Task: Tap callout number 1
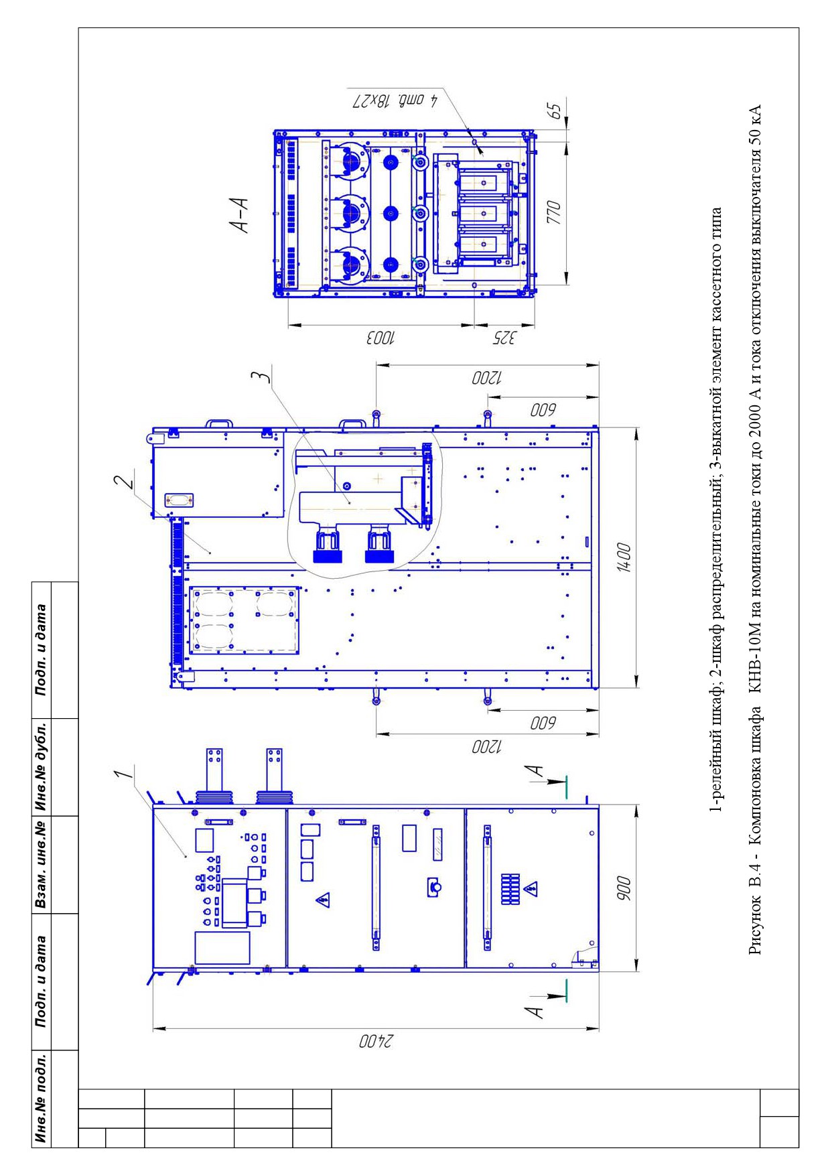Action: tap(121, 774)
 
